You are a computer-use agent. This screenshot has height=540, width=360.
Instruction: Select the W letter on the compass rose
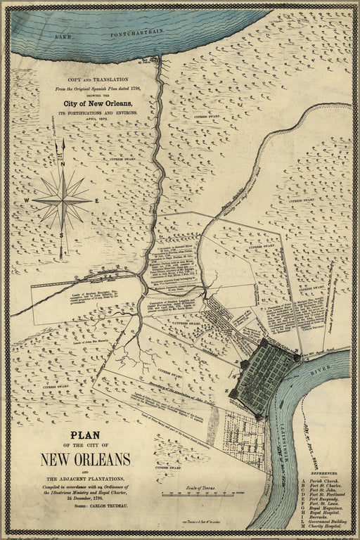[x=27, y=200]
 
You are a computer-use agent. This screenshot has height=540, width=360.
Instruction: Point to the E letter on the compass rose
[x=96, y=200]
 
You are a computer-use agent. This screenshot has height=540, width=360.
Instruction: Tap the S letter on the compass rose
[x=63, y=235]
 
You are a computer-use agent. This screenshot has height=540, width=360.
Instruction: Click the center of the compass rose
[x=63, y=200]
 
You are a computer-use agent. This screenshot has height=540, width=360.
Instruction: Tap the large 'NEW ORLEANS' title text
[x=85, y=459]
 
